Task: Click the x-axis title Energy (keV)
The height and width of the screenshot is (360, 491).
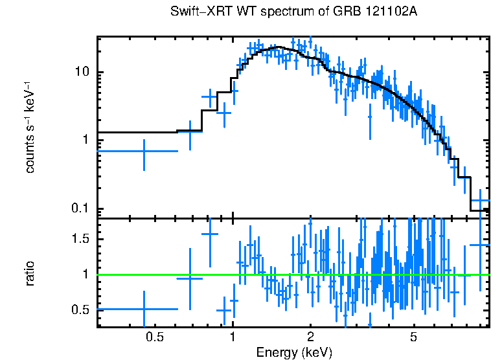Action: (294, 352)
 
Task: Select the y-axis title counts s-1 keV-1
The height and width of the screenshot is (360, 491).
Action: (30, 127)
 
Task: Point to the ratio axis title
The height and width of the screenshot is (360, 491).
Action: (30, 273)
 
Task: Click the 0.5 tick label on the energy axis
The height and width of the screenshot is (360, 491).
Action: (154, 337)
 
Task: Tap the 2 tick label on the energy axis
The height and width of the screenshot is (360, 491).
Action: (310, 337)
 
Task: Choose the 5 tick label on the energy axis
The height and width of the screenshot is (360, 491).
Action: (413, 337)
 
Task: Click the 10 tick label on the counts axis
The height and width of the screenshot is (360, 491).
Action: (81, 73)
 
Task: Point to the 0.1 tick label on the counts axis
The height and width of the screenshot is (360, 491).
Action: (79, 208)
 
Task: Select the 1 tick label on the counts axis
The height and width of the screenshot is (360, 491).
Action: (85, 141)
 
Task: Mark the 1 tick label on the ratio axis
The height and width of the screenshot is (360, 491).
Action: (85, 275)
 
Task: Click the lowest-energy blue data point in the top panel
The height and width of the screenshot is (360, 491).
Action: (144, 151)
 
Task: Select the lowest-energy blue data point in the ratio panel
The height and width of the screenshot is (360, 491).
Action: (144, 309)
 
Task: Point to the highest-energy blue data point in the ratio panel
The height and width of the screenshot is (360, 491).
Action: (480, 245)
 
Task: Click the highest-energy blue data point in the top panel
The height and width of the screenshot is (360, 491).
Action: (480, 201)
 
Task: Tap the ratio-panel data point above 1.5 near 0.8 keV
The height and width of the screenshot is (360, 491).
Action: (209, 234)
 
